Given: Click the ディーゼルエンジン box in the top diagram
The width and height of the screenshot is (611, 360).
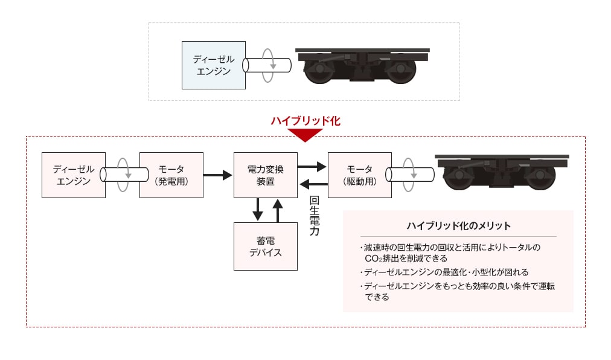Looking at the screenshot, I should (x=214, y=65).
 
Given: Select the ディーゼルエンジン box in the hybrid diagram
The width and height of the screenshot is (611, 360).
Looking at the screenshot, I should (x=74, y=175).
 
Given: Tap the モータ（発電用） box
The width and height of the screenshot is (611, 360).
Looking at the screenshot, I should (x=171, y=175).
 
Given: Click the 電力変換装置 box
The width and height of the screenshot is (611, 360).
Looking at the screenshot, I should (x=265, y=175).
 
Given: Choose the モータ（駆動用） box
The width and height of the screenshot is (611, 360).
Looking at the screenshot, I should (x=359, y=175).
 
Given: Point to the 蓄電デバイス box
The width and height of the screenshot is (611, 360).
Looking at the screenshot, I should (x=265, y=246).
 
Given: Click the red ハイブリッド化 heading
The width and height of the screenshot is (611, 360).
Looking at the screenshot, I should (x=305, y=121).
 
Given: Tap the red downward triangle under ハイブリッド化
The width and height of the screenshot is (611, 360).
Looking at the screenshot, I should (x=305, y=135).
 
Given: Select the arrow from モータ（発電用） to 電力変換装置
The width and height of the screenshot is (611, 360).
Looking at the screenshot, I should (x=217, y=175).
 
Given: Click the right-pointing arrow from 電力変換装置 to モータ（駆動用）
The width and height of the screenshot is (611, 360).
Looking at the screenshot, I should (x=312, y=165).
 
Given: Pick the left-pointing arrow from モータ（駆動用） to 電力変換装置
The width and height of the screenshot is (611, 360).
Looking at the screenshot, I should (x=313, y=184).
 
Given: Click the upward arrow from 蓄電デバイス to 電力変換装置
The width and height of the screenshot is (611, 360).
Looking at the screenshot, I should (x=277, y=210).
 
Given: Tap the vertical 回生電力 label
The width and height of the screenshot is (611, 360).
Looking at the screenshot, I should (x=314, y=216).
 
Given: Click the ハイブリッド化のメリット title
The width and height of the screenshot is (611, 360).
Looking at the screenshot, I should (x=458, y=226).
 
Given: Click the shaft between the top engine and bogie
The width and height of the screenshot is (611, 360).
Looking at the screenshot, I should (x=267, y=65).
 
